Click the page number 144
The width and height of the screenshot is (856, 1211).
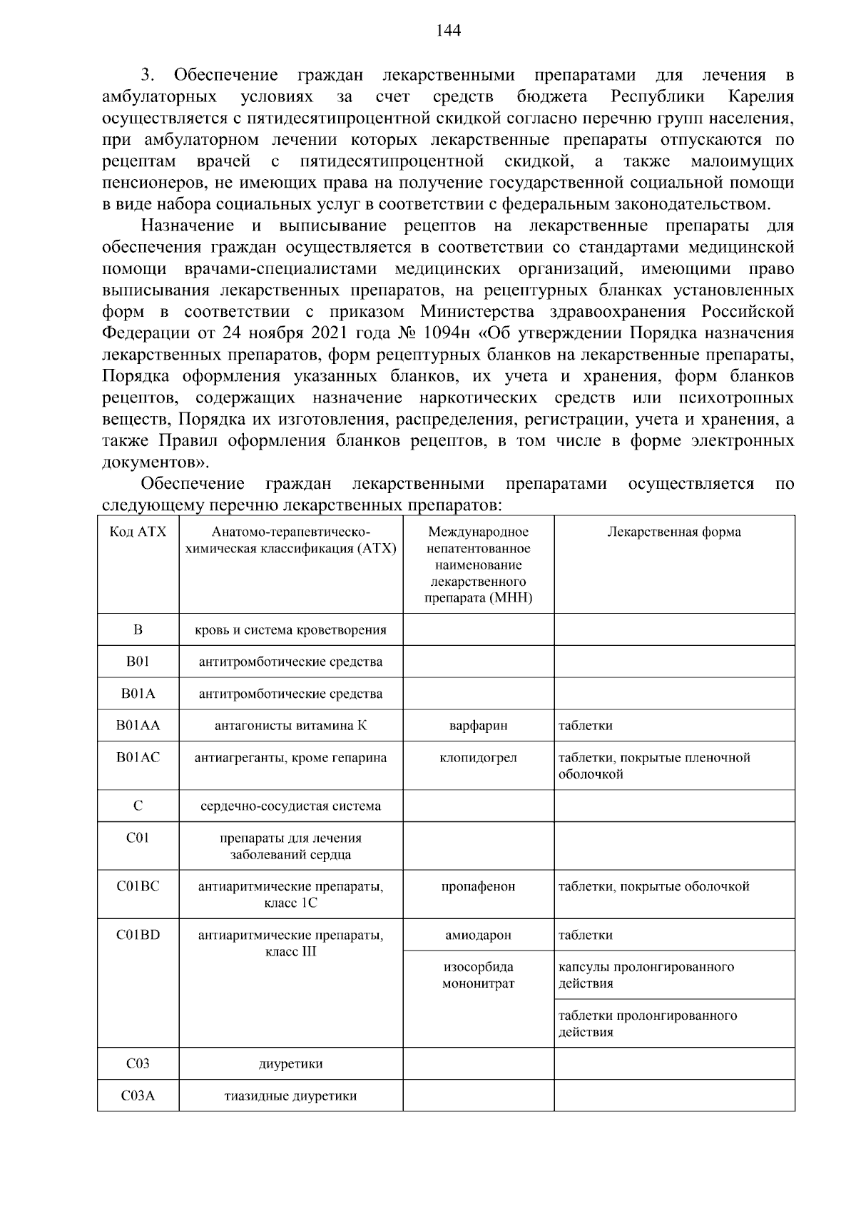448,30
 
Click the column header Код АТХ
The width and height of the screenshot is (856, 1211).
138,532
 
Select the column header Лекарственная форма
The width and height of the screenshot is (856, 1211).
673,532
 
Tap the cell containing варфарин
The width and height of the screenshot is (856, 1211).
478,726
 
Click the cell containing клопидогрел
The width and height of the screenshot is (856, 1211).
478,758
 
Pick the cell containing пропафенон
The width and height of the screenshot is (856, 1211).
478,887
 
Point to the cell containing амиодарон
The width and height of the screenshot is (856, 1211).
478,936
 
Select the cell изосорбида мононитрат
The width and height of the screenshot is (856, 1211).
478,976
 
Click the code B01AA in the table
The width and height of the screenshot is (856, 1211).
138,726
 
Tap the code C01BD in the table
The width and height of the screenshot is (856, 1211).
138,936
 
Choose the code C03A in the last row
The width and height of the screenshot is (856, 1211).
138,1096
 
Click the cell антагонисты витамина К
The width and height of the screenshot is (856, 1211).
290,726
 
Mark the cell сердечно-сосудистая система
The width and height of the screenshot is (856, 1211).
290,806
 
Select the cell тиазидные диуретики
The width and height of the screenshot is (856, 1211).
290,1096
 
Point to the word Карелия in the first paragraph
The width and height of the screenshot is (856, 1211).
761,97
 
